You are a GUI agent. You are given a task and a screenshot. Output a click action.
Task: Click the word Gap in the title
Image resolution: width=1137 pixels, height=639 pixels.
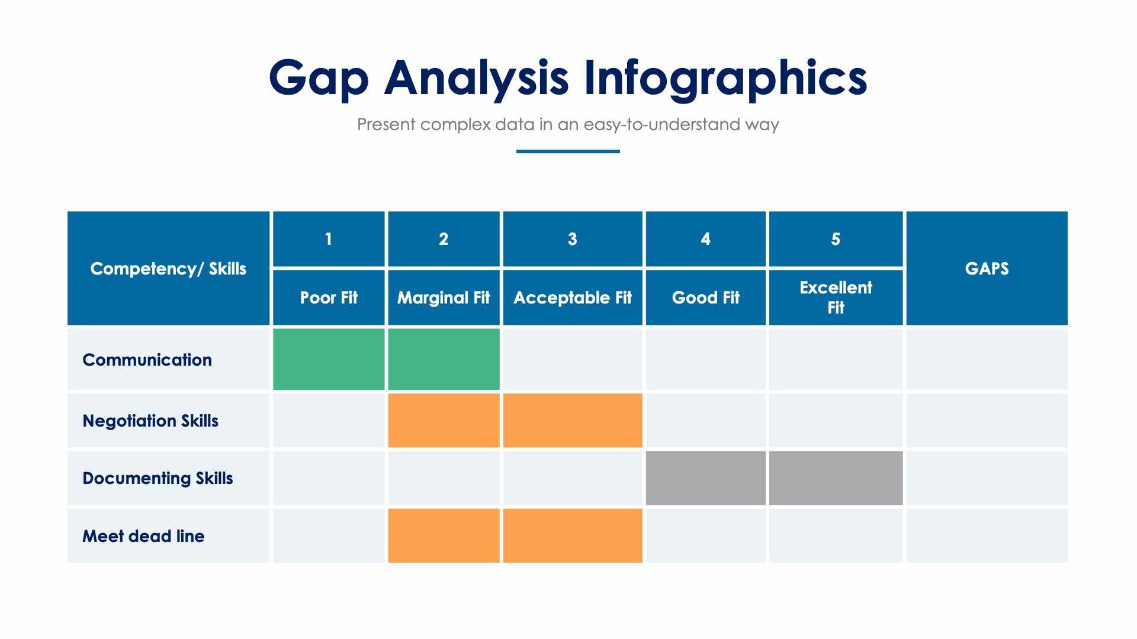319,78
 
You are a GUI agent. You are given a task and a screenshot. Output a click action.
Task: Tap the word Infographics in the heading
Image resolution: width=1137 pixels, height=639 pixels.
725,78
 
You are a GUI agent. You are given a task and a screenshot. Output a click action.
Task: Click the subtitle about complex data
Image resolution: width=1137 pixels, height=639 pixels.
568,124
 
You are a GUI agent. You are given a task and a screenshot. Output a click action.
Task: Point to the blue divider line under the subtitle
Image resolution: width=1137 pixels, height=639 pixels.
568,151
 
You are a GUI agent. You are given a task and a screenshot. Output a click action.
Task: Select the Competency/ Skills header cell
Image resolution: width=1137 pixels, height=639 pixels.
168,269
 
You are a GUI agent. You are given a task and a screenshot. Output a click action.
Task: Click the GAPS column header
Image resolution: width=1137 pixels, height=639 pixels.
987,269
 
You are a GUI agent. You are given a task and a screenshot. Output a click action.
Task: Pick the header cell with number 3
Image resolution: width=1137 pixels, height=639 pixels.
572,239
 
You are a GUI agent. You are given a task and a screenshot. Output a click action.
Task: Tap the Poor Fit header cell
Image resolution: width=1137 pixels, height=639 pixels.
329,298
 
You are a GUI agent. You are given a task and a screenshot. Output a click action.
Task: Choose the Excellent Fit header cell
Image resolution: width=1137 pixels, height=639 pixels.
836,298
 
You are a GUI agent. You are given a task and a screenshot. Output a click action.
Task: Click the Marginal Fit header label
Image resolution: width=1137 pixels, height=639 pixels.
444,298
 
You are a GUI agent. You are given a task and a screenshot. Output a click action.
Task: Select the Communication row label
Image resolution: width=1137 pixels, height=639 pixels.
147,360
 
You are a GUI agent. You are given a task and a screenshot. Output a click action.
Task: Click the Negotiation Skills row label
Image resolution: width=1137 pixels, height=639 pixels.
150,421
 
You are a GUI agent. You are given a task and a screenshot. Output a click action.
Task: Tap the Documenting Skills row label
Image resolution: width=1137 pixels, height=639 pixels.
158,478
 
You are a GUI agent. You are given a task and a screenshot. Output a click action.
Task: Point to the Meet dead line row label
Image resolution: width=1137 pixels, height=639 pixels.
143,536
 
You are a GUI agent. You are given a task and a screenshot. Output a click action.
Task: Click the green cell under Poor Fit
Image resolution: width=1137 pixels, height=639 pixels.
329,359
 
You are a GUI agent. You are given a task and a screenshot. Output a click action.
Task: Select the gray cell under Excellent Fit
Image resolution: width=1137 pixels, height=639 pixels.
836,478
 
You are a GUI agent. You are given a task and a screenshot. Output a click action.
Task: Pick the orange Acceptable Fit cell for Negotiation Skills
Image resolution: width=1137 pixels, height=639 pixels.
572,421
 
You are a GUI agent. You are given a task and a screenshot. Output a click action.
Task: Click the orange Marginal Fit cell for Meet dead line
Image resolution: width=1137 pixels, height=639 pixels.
444,535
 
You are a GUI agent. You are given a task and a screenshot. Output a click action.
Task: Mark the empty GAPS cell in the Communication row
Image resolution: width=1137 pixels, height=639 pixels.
987,359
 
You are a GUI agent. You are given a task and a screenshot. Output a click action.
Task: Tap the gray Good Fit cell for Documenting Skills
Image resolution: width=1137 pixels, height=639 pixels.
705,478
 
